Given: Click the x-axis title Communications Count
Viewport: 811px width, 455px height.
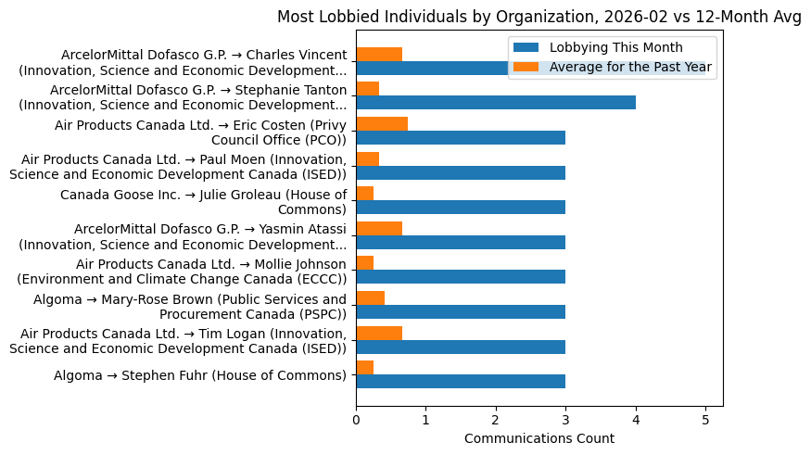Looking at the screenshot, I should tap(539, 438).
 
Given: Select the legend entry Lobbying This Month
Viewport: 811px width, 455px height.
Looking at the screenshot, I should tap(615, 47).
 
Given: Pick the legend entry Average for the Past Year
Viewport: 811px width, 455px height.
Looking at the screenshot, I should tap(630, 67).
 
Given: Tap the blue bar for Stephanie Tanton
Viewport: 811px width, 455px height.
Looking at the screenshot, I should tap(496, 103).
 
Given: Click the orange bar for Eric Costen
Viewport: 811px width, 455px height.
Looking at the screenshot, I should tap(382, 124).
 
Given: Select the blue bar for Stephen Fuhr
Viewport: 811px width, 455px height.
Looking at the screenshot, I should tap(461, 381).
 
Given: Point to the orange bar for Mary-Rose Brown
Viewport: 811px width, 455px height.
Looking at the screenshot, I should tap(370, 298).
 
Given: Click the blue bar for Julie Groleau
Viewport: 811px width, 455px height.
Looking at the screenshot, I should tap(461, 208).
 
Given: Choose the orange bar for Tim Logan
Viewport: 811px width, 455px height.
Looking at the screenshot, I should tap(379, 333).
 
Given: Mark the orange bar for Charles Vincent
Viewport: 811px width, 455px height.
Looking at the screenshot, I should tap(379, 55).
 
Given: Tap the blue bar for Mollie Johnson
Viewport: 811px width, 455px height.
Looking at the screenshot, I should tap(461, 277).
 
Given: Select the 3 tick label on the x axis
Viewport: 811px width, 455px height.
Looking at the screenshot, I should tap(565, 419).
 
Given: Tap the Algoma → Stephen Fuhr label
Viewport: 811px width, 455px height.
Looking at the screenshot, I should tap(199, 375).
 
